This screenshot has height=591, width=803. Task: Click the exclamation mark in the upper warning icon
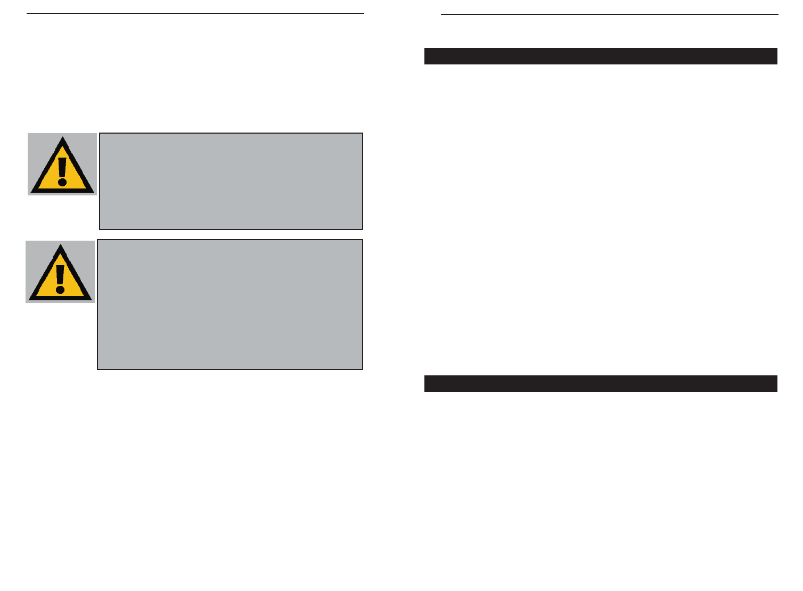[x=63, y=170]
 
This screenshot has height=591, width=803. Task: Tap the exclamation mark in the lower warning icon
[x=61, y=277]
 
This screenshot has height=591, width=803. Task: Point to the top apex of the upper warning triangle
[x=63, y=138]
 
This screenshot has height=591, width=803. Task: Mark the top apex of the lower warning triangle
[x=61, y=245]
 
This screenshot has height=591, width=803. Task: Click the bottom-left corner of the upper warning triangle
[x=32, y=192]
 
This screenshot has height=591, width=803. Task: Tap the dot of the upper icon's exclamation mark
[x=63, y=182]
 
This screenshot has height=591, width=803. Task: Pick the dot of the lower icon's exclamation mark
[x=61, y=290]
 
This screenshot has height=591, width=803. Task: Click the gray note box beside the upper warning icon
[x=231, y=181]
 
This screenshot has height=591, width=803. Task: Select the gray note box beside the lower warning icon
[x=230, y=305]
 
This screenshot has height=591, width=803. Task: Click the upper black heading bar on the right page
[x=601, y=56]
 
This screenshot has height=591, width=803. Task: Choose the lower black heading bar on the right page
[x=601, y=383]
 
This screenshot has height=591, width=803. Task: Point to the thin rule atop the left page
[x=195, y=13]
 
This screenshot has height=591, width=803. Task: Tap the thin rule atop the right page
[x=609, y=14]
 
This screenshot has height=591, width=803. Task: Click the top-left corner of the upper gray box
[x=100, y=134]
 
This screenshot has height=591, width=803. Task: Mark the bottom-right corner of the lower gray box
[x=362, y=368]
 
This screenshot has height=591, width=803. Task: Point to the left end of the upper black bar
[x=426, y=56]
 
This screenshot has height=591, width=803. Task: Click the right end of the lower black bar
[x=776, y=383]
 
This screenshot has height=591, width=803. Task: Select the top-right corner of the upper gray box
[x=362, y=134]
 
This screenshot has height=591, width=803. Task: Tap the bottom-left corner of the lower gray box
[x=98, y=368]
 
